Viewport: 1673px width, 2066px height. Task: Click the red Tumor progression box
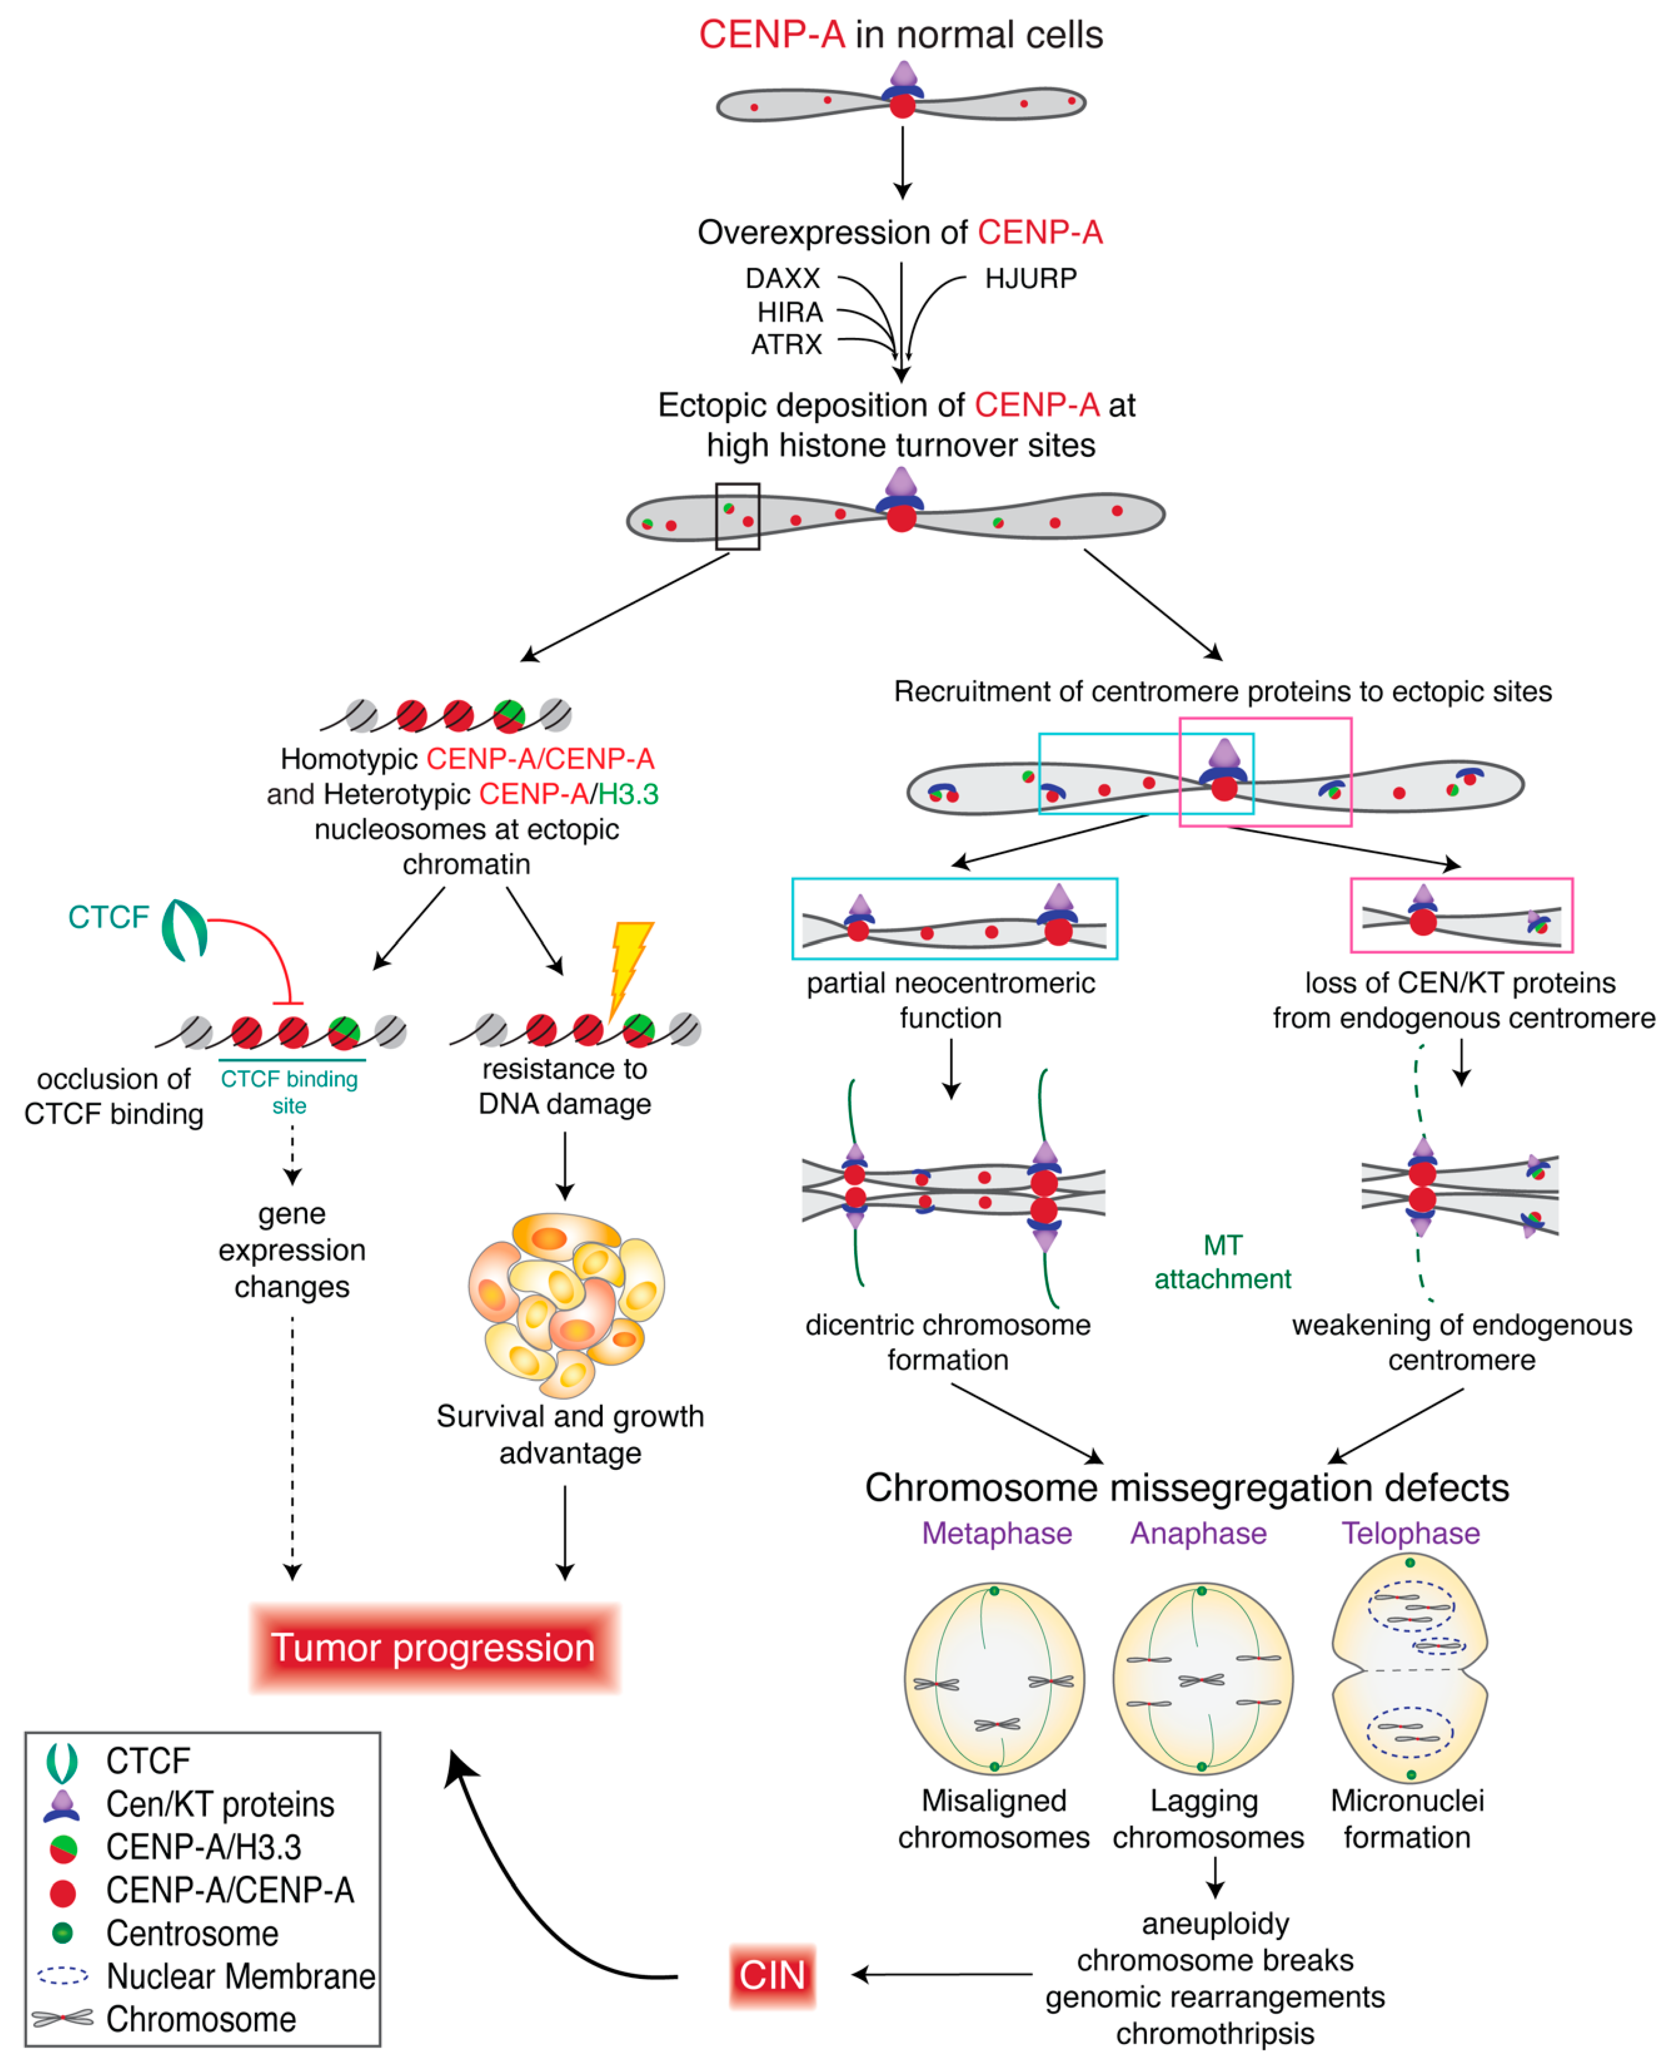point(434,1648)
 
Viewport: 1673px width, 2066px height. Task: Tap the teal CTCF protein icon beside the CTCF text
point(183,930)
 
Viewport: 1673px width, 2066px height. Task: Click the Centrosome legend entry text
point(192,1933)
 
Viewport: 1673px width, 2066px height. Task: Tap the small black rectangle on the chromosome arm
point(737,516)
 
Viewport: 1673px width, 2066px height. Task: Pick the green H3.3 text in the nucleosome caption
point(628,794)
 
